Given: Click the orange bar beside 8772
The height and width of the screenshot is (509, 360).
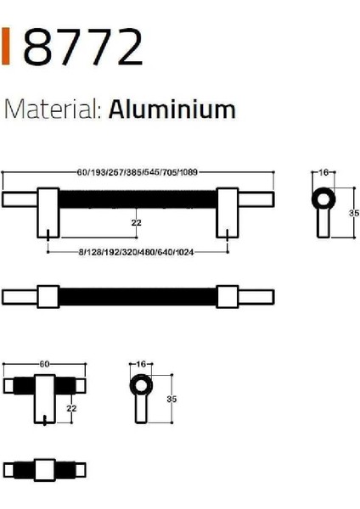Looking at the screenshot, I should tap(8, 48).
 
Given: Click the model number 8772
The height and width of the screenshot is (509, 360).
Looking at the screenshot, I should tap(83, 48).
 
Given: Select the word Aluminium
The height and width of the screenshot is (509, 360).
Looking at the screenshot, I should tap(172, 110).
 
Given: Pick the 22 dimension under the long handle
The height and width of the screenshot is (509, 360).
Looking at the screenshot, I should tap(137, 223).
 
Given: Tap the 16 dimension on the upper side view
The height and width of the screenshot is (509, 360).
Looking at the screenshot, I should tap(323, 172).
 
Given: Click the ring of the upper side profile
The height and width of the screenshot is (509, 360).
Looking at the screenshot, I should tap(323, 200).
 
